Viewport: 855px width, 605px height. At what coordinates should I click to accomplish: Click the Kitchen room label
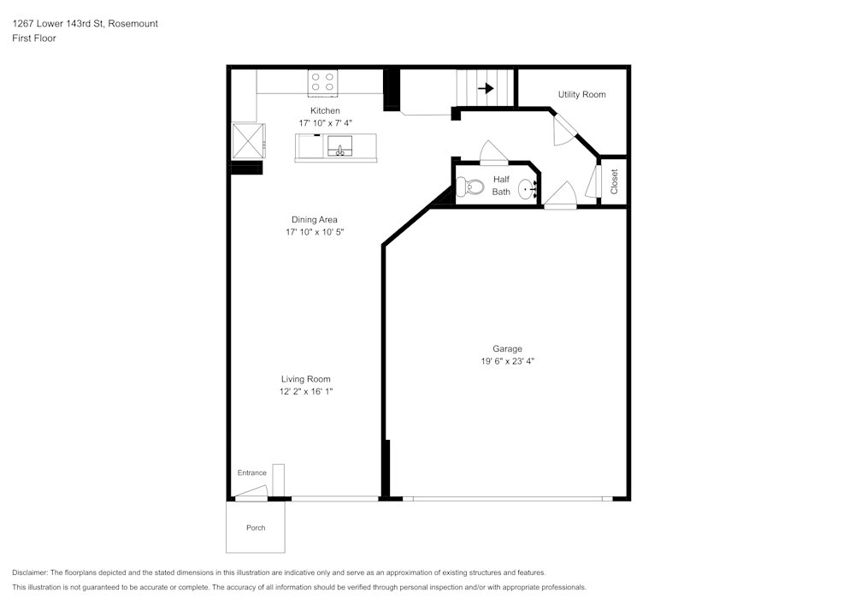coord(325,110)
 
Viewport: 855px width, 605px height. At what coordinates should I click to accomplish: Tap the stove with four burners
coord(322,82)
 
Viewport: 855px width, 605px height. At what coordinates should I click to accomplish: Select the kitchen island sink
coord(339,146)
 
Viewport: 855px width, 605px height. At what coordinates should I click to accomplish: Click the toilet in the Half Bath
coord(470,187)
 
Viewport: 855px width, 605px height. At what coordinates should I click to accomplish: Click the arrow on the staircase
coord(486,88)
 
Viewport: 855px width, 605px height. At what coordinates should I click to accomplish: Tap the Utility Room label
coord(581,94)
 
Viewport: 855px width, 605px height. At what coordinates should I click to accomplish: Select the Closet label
coord(614,181)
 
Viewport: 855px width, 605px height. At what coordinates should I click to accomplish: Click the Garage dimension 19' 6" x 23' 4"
coord(508,361)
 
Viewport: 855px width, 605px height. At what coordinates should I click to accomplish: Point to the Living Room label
coord(306,379)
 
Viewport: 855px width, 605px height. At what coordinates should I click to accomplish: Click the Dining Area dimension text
coord(315,232)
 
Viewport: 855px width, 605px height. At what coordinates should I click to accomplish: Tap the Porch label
coord(256,527)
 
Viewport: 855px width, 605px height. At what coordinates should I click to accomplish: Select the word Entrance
coord(252,473)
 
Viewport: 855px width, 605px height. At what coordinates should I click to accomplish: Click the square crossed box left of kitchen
coord(249,140)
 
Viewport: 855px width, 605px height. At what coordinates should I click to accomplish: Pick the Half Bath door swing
coord(493,153)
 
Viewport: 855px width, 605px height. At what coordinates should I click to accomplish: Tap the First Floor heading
coord(34,39)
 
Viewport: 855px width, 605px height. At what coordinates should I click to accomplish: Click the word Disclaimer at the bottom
coord(29,572)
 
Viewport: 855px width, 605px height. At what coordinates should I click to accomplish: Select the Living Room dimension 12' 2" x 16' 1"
coord(306,391)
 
